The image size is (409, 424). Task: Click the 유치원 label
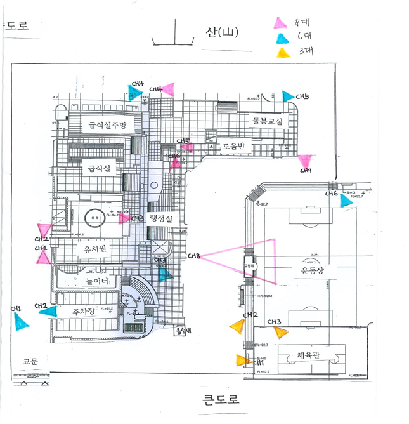pyautogui.click(x=90, y=249)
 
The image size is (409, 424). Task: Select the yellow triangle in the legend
pyautogui.click(x=283, y=53)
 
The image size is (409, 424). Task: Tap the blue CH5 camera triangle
pyautogui.click(x=289, y=96)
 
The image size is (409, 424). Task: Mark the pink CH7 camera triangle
pyautogui.click(x=306, y=160)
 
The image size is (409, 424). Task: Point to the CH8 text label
pyautogui.click(x=193, y=256)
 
